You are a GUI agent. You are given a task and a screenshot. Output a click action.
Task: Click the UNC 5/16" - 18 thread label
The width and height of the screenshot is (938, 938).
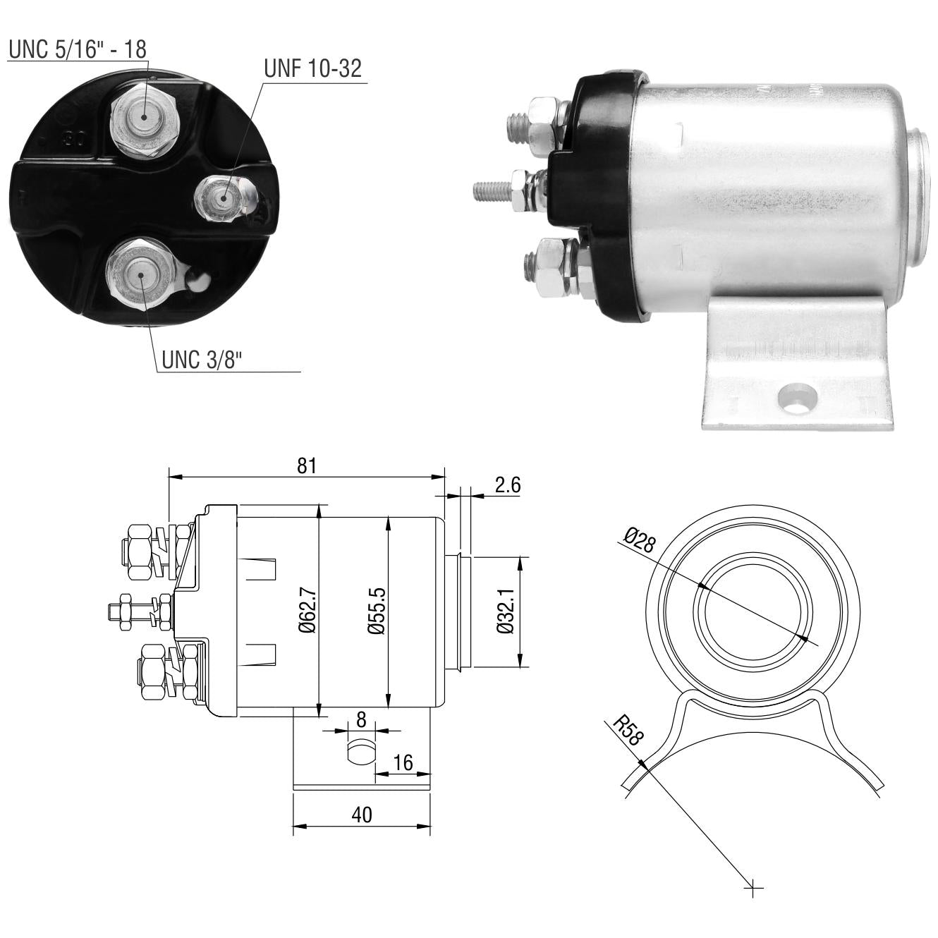(x=78, y=49)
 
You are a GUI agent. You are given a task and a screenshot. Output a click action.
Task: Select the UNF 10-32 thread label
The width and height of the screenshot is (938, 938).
(x=312, y=68)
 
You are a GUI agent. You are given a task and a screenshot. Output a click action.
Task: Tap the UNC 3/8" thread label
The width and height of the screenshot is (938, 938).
(x=202, y=360)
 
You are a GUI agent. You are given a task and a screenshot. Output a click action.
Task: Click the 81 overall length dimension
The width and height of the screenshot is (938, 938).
(x=307, y=466)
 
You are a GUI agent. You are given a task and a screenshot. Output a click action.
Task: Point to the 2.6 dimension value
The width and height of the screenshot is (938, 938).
(x=508, y=485)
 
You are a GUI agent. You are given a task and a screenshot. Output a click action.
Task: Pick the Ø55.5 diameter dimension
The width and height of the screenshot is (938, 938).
(x=377, y=611)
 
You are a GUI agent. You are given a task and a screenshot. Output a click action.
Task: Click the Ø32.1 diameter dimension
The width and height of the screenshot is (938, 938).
(x=506, y=611)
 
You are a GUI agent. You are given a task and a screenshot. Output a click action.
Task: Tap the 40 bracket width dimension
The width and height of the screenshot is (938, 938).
(x=362, y=815)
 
